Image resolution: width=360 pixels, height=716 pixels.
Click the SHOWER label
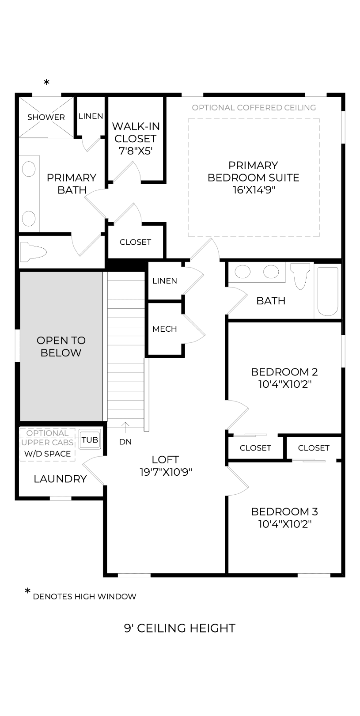click(46, 117)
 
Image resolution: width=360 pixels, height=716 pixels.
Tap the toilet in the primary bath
click(33, 252)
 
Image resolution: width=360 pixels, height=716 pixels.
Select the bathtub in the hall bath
click(328, 291)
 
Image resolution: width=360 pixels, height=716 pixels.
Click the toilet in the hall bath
click(300, 276)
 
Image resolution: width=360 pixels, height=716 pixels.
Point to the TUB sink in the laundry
click(90, 440)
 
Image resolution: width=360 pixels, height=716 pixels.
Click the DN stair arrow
click(125, 428)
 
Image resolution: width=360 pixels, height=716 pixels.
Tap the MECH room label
click(164, 329)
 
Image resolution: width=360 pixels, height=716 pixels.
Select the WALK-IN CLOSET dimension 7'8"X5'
click(135, 151)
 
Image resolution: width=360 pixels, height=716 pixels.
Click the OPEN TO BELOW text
click(61, 346)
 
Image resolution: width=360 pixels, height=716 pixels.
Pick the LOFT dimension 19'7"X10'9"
click(166, 472)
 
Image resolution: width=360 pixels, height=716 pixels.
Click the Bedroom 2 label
click(284, 372)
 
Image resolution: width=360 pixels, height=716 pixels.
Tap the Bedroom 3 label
click(284, 511)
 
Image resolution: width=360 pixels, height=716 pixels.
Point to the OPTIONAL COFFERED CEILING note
click(254, 108)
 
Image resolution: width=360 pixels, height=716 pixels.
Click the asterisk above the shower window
click(47, 83)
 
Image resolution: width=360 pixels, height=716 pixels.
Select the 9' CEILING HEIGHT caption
click(180, 628)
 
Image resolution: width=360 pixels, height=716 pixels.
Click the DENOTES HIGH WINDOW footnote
click(84, 596)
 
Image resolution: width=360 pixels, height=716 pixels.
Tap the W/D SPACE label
click(47, 454)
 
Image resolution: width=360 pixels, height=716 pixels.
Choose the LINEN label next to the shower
click(91, 116)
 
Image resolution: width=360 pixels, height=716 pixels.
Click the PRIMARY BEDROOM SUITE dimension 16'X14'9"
click(254, 190)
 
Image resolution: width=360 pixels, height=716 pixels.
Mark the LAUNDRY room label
click(61, 479)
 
